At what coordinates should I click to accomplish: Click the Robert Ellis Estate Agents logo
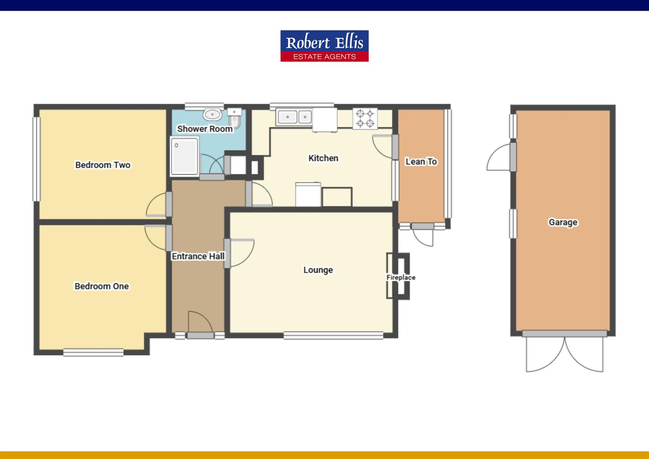coord(324,46)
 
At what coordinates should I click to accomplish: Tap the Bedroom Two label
coord(103,165)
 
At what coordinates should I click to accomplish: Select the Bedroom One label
coord(102,286)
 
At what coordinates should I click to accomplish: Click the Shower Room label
coord(205,129)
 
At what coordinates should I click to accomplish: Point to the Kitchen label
coord(323,158)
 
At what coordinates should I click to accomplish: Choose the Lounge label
coord(318,270)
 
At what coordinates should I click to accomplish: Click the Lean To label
coord(421,161)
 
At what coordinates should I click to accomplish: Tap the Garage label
coord(563,222)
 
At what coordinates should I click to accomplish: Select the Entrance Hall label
coord(198,256)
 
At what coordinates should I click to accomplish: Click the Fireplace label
coord(401,278)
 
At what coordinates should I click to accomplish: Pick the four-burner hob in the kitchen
coord(365,118)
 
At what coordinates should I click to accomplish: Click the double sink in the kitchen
coord(293,116)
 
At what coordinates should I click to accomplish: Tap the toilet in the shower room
coord(235,118)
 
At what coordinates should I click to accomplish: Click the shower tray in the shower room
coord(185,156)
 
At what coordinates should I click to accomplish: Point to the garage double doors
coord(564,353)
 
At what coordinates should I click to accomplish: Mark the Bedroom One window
coord(93,352)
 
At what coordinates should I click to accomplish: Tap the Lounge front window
coord(333,336)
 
